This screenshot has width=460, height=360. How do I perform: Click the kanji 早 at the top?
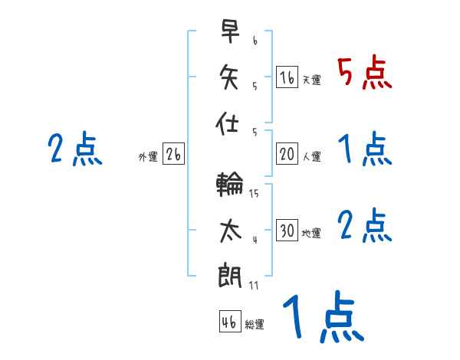tap(230, 31)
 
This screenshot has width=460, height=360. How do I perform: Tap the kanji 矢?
tap(230, 77)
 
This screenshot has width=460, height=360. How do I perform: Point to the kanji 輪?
tap(230, 185)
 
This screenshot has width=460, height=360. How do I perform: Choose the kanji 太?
tap(230, 231)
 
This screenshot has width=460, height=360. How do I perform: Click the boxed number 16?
tap(287, 77)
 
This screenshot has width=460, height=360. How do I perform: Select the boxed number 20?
tap(287, 154)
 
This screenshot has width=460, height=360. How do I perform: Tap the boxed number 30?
tap(287, 231)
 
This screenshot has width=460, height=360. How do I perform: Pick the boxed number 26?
tap(173, 154)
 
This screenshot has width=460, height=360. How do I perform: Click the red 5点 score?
tap(365, 72)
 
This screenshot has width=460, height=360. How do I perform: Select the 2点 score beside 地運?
tap(365, 225)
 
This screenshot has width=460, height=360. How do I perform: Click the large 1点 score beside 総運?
tap(321, 318)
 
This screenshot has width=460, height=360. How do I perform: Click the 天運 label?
tap(311, 80)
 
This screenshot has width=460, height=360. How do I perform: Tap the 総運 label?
tap(255, 324)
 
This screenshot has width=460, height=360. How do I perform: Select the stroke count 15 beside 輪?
tap(254, 194)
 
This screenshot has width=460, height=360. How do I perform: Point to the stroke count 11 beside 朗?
tap(254, 285)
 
